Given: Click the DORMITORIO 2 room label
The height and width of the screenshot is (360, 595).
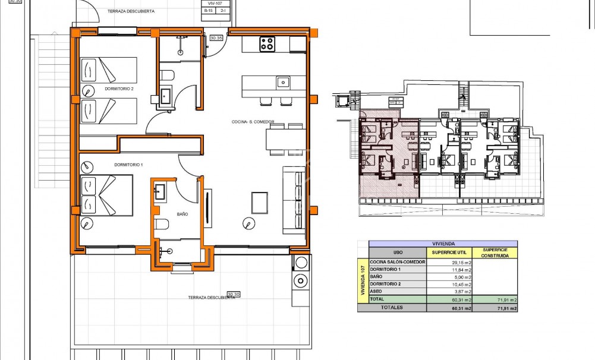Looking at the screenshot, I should coord(119,89).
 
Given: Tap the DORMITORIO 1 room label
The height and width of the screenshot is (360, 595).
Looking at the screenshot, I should coord(128,164).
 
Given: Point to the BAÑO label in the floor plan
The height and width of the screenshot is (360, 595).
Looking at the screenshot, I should coord(182,214).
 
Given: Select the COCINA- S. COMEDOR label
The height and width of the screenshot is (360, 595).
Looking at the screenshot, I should coord(253,122).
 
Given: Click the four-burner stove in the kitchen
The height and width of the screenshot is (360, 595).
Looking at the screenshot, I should coord(267,43).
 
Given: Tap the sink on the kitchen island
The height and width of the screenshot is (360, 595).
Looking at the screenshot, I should coord(284,82).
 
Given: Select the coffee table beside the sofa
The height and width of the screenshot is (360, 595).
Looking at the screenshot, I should coord(260,202).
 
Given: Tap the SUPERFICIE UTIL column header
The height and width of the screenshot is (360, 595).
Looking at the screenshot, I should coord(449,252).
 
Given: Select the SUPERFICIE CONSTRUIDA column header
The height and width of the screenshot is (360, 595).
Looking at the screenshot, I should coord(495,252).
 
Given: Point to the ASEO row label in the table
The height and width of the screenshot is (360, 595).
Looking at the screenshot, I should coord(376,292).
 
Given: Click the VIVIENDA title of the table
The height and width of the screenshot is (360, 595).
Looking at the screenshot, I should coord(443,244).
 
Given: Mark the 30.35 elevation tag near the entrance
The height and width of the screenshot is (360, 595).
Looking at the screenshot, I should coord(216,38).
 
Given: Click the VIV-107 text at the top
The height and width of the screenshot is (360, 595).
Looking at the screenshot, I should coord(210,4).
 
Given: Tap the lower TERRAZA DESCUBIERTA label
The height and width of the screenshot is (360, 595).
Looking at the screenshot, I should coord(211,298).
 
